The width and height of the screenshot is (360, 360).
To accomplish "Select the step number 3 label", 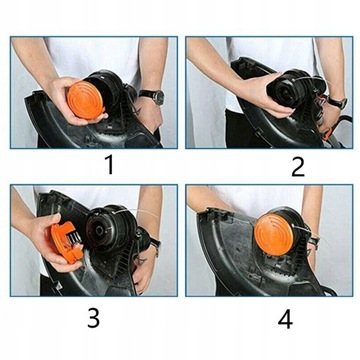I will (93, 318).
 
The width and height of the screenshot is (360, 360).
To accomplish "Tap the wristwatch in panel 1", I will (150, 96).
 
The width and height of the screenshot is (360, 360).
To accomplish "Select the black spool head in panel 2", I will (293, 88).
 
